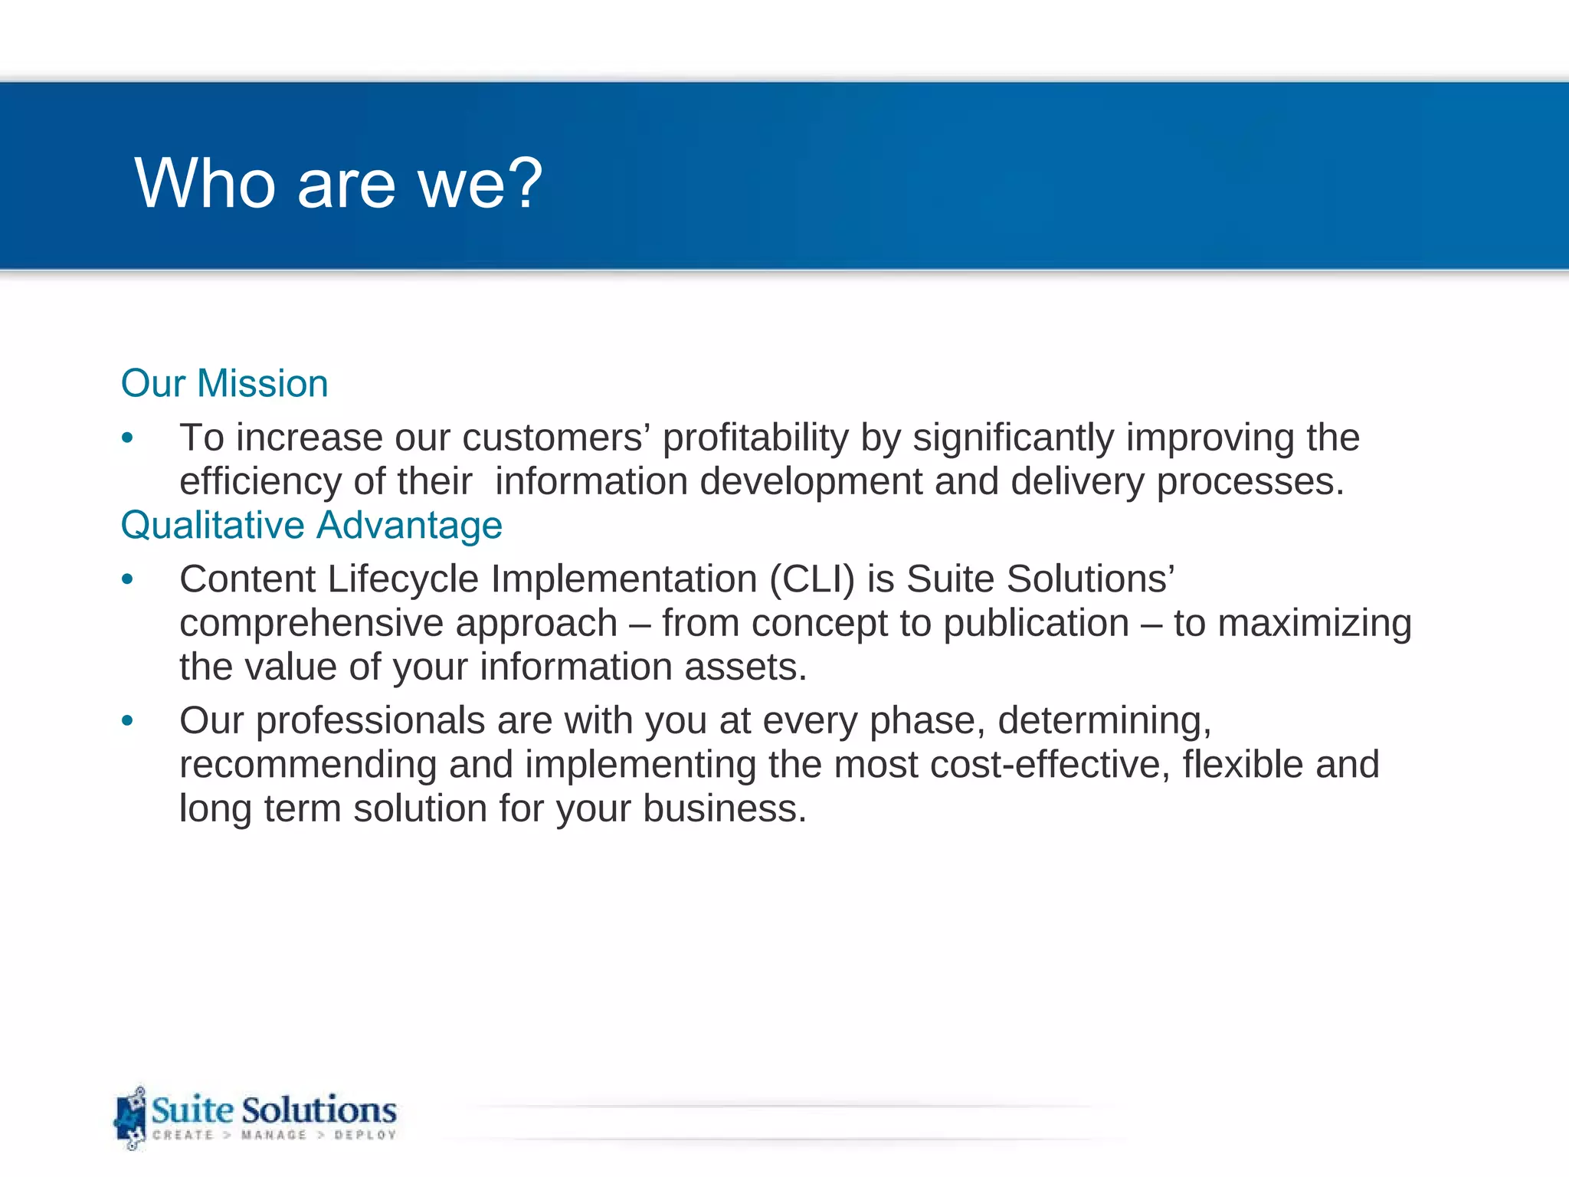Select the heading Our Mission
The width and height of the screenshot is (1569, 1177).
(x=224, y=383)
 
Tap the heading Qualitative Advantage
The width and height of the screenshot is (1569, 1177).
(x=311, y=526)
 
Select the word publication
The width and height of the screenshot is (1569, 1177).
(x=1036, y=623)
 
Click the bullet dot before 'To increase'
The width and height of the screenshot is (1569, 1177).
(x=127, y=438)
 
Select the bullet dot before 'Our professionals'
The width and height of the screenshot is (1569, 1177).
(x=127, y=721)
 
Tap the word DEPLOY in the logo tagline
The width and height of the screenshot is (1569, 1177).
(x=365, y=1135)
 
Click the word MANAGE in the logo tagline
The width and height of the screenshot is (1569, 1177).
(x=274, y=1135)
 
